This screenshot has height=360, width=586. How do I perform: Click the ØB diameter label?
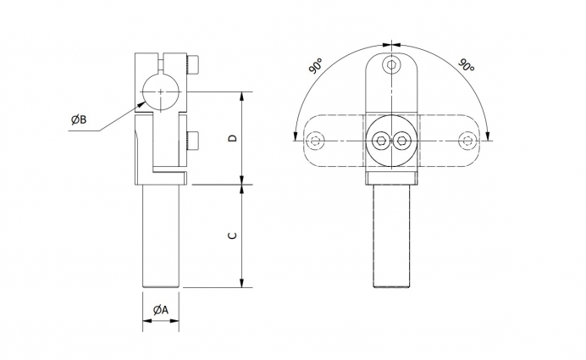79,119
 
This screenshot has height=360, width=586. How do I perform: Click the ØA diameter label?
161,310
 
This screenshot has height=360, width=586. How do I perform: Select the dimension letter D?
233,138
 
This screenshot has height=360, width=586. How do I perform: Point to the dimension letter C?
233,235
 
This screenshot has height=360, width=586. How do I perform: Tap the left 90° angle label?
316,66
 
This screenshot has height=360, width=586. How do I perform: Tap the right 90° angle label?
466,65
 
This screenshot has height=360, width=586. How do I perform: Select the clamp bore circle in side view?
161,92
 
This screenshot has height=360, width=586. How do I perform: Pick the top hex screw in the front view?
391,65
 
